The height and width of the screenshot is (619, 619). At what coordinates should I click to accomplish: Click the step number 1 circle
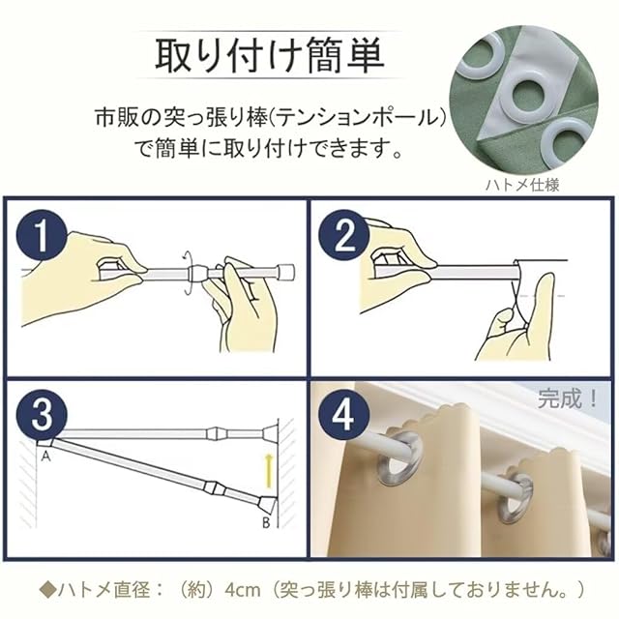tap(41, 238)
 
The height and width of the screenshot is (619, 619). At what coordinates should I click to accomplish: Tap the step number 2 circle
tap(344, 238)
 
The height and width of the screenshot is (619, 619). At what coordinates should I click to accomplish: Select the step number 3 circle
tap(41, 415)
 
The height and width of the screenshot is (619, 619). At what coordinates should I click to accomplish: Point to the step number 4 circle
tap(344, 415)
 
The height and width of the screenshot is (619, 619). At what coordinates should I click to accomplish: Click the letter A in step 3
tap(46, 457)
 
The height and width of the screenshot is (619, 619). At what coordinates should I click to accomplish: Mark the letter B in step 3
tap(266, 523)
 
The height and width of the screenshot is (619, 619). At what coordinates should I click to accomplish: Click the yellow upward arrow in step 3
tap(269, 470)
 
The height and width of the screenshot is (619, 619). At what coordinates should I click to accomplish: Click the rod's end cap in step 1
tap(286, 272)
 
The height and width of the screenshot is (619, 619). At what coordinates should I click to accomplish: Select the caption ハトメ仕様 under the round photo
tap(522, 185)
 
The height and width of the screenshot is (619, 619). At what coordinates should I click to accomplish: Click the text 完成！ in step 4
tap(567, 399)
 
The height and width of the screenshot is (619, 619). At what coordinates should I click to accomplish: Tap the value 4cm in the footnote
tap(243, 591)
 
